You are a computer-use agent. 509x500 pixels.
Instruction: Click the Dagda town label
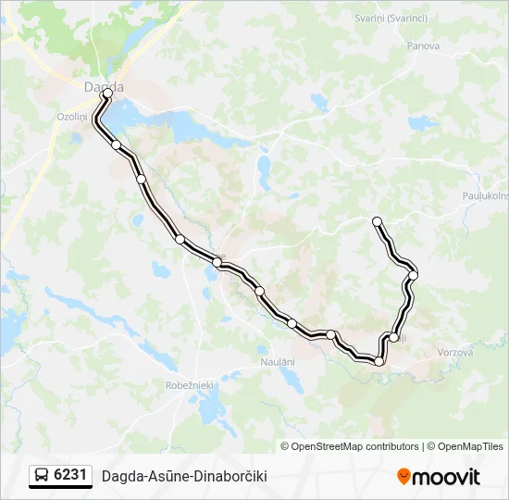103,87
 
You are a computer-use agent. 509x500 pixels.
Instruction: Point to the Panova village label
423,44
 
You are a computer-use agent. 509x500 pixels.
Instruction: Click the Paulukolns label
485,195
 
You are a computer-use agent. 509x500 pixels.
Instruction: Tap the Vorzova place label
453,353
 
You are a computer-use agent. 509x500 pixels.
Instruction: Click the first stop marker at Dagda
108,94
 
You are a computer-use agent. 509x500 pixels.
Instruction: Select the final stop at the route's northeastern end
377,220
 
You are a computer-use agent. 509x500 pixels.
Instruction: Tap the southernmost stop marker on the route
379,361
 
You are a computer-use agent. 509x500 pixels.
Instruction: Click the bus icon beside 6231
42,476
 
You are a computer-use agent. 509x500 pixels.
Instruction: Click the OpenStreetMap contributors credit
350,446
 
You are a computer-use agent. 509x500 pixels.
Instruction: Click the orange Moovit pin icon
403,477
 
